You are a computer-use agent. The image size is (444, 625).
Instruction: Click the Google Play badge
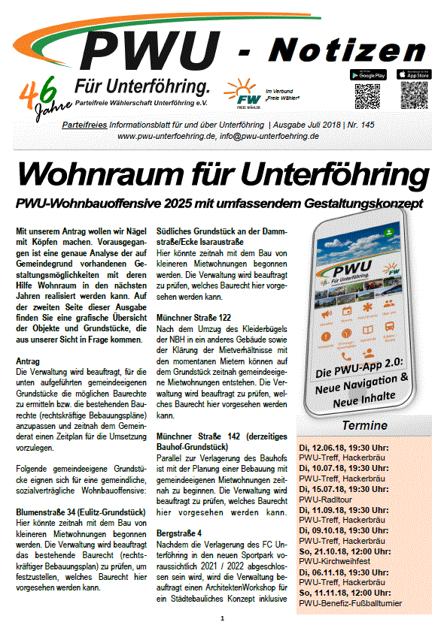point(368,74)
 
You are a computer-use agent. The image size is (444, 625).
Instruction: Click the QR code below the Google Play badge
point(369,97)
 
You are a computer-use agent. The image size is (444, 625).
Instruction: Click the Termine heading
point(365,425)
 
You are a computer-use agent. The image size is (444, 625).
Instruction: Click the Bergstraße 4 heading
point(179,532)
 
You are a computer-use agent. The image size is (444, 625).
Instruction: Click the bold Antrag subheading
point(28,361)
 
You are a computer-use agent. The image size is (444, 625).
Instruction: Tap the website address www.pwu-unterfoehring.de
point(173,137)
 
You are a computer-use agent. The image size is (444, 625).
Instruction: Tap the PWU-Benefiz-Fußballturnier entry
point(350,603)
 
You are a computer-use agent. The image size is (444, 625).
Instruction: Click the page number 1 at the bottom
point(222,618)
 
